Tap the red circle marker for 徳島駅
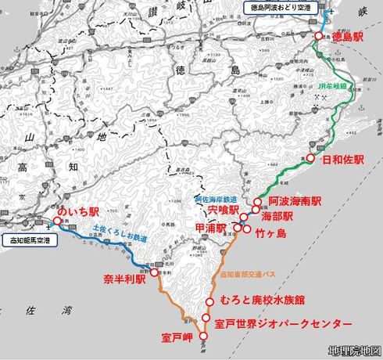pyautogui.click(x=318, y=37)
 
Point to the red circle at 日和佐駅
pyautogui.click(x=308, y=158)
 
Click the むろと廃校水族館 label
pyautogui.click(x=261, y=301)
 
